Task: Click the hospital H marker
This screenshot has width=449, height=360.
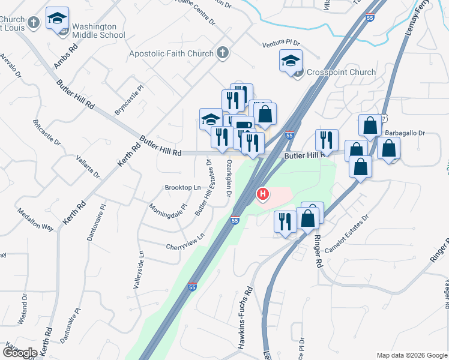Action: pos(262,194)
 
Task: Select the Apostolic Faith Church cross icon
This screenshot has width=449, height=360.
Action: pos(223,53)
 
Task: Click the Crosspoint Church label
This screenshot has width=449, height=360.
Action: pos(341,72)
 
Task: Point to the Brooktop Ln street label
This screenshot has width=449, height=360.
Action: pos(182,188)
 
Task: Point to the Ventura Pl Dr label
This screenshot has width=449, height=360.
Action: pos(281,44)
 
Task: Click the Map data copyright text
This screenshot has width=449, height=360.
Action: pos(412,355)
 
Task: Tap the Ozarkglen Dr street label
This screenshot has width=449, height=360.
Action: pos(229,178)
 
